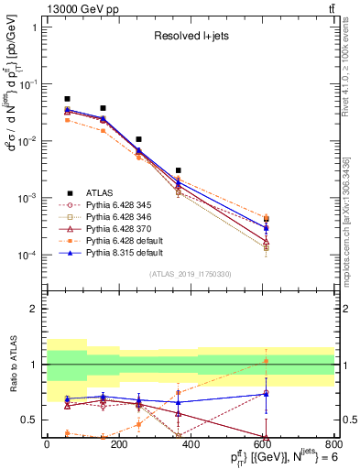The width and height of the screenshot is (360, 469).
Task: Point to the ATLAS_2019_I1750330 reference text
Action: (x=191, y=274)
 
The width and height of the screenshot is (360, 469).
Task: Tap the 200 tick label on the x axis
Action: (x=118, y=442)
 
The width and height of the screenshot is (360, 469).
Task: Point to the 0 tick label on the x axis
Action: (x=47, y=442)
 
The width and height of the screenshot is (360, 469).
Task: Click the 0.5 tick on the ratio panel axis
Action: (x=30, y=420)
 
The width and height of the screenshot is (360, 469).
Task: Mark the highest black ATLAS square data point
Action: (x=67, y=99)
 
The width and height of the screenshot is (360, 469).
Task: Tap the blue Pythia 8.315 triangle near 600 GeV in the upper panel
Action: (x=266, y=227)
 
